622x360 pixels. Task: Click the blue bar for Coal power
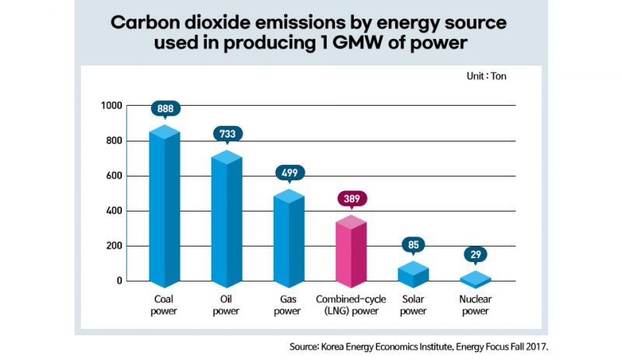165,210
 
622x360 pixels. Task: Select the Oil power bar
227,222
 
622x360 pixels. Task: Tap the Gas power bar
288,241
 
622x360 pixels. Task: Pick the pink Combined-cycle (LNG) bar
351,253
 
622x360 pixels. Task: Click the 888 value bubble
165,109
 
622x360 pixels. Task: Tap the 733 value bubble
227,134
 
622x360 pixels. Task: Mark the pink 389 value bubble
351,198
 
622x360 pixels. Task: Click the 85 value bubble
413,246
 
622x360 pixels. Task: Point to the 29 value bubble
475,254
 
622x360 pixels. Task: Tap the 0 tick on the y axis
120,281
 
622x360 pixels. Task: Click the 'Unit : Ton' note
489,76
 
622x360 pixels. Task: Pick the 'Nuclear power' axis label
475,305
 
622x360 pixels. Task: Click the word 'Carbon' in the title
147,21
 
